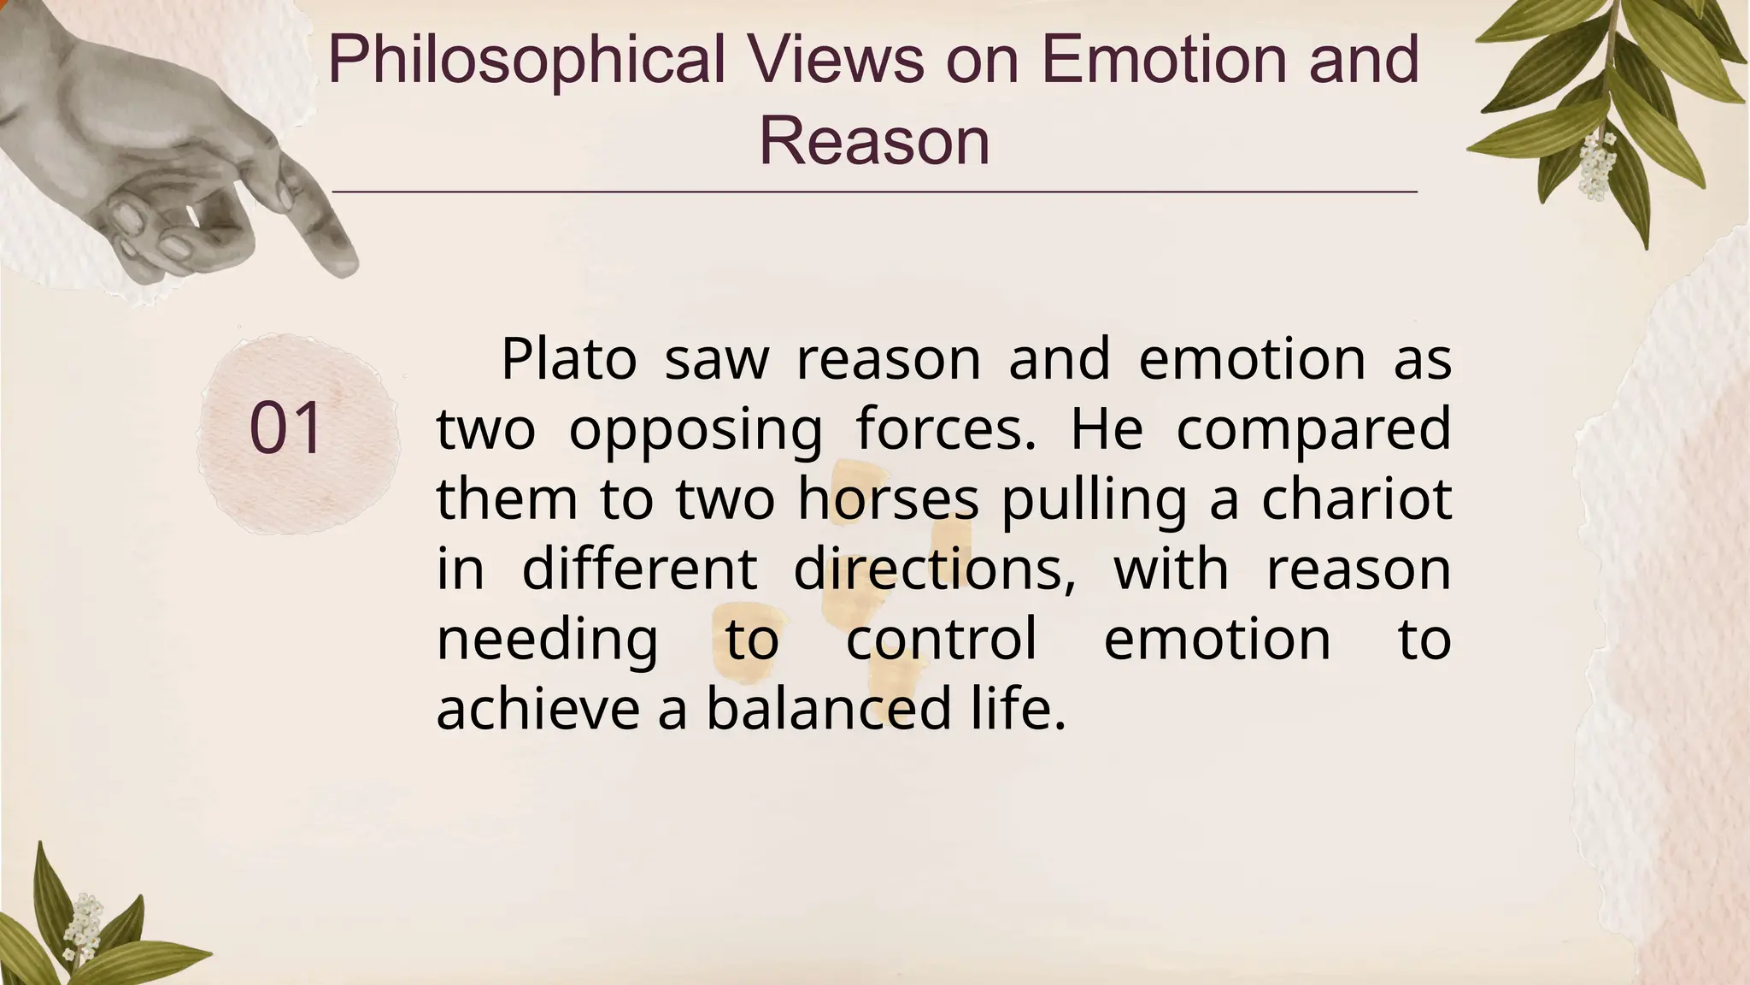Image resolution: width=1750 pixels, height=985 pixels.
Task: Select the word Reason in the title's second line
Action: (874, 141)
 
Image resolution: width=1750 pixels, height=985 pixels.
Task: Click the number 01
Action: (286, 428)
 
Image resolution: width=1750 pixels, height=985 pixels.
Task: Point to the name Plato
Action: (568, 359)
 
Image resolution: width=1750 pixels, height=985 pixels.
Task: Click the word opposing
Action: (696, 430)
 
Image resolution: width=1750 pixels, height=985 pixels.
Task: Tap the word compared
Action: (1313, 430)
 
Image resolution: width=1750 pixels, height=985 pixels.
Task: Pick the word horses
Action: (888, 498)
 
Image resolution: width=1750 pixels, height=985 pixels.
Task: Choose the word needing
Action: (547, 640)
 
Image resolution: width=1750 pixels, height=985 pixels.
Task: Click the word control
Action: (941, 639)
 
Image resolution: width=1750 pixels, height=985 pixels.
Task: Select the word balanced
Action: (828, 709)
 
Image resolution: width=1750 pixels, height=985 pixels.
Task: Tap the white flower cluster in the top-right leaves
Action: (1594, 167)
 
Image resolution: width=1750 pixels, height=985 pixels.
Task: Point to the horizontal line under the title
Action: (874, 192)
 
